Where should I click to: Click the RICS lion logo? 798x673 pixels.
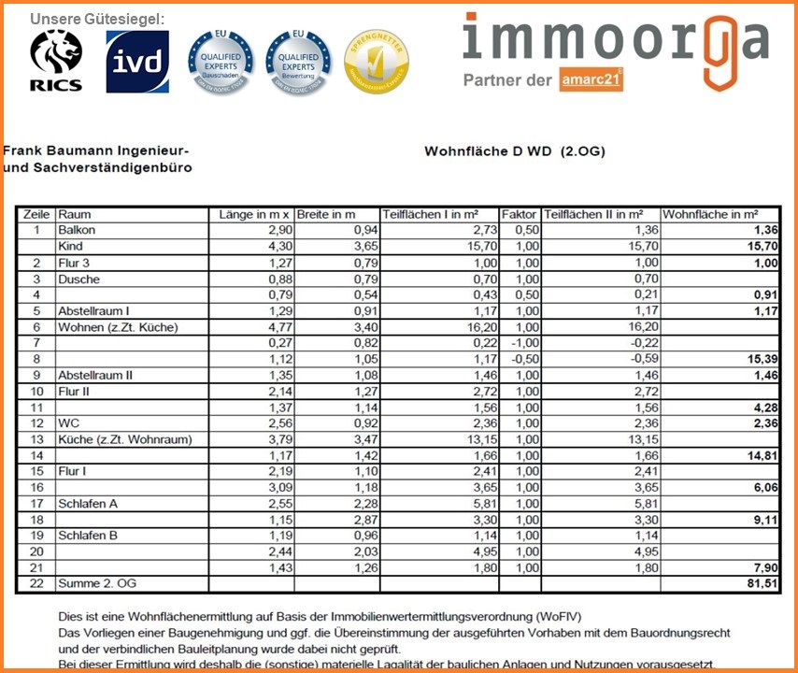click(56, 62)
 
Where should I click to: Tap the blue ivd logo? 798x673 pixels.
click(137, 62)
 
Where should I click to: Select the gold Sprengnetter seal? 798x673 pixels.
click(376, 62)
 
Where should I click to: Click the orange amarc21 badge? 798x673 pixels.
click(592, 80)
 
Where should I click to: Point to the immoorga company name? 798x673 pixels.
click(616, 39)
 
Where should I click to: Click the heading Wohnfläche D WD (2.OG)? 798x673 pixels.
click(514, 150)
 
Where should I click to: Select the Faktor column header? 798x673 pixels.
click(520, 214)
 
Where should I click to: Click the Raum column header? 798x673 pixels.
click(75, 214)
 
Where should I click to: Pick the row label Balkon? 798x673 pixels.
click(77, 230)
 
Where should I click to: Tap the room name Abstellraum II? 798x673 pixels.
click(94, 375)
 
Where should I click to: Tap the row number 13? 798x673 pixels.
click(36, 440)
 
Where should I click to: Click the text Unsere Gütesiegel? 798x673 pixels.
click(97, 19)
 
